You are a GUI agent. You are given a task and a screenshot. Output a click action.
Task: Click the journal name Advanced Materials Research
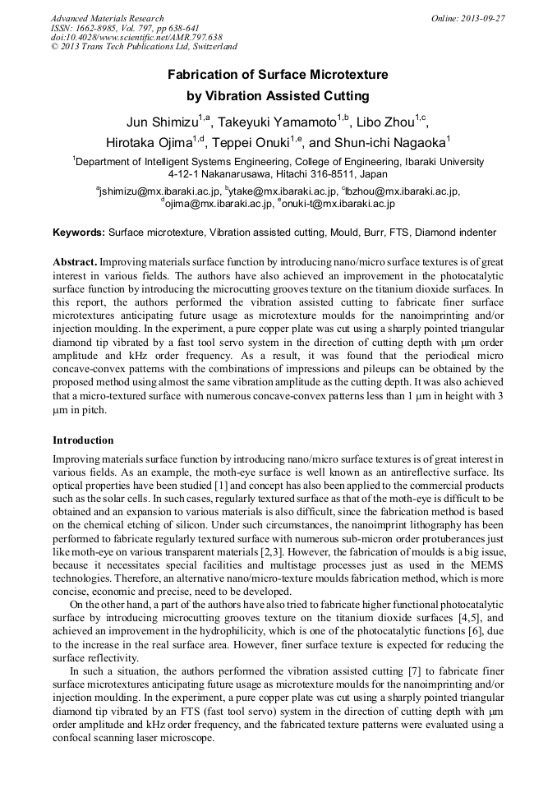tap(107, 18)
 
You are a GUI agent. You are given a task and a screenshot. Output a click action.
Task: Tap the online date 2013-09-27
tap(480, 18)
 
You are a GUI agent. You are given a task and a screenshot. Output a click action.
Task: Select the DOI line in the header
tap(136, 38)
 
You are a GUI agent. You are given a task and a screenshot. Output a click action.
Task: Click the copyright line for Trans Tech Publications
tap(144, 48)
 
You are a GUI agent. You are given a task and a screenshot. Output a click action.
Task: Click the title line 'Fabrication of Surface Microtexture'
tap(278, 75)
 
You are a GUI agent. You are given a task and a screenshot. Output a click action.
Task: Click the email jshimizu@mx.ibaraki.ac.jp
tap(159, 191)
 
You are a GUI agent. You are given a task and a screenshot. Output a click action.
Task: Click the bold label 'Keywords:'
tap(79, 233)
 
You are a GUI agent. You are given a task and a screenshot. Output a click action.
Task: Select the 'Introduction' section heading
tap(83, 440)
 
